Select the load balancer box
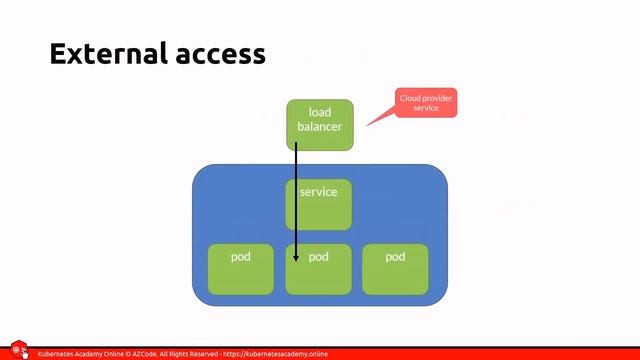click(320, 125)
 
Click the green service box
click(319, 205)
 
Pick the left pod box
click(240, 269)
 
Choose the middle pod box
click(319, 269)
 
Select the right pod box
click(395, 269)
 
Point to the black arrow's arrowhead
click(296, 260)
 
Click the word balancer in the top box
click(320, 127)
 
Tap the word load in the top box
click(320, 113)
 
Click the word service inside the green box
click(319, 192)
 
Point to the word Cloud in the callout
click(410, 98)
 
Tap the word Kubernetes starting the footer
click(59, 354)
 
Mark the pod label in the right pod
click(395, 257)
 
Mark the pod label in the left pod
click(240, 257)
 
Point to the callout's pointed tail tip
click(367, 125)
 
